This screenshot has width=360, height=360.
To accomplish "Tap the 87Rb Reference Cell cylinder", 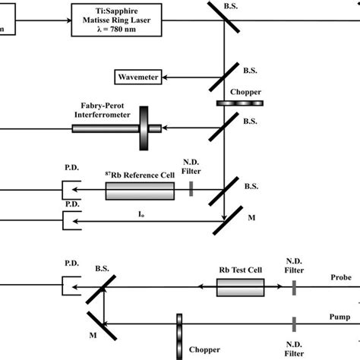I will pos(139,193).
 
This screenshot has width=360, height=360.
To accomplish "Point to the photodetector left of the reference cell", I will pos(69,193).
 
